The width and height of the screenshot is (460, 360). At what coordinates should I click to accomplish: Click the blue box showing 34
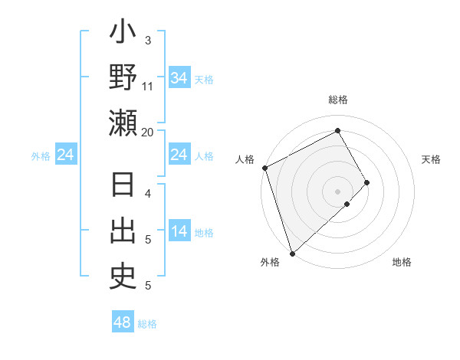[x=179, y=78]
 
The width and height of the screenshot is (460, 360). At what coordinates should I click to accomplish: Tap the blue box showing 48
[x=122, y=322]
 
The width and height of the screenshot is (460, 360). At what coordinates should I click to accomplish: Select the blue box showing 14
[x=179, y=232]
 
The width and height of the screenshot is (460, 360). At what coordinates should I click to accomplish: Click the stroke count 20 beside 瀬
[x=148, y=132]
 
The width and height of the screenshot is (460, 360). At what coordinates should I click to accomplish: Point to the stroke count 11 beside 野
[x=148, y=86]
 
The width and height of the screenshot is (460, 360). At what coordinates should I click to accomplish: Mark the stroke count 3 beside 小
[x=148, y=40]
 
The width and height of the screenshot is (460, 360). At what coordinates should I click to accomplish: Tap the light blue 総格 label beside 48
[x=147, y=324]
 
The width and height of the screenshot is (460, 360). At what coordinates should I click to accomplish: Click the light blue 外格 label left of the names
[x=41, y=156]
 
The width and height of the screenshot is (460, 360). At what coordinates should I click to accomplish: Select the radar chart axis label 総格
[x=337, y=100]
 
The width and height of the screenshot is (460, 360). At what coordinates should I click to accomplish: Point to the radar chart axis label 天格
[x=432, y=159]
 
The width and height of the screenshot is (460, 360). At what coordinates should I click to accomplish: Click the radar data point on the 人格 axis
[x=264, y=168]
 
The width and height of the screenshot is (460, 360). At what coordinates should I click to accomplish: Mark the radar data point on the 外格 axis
[x=292, y=253]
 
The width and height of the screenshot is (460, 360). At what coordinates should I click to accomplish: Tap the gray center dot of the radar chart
[x=337, y=190]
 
